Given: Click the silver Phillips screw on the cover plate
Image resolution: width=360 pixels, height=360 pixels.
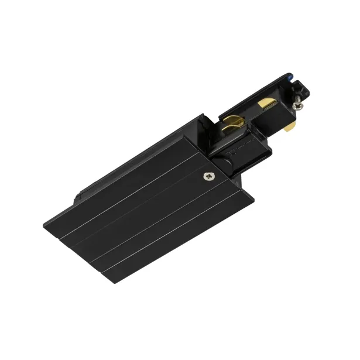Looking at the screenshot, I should pyautogui.click(x=209, y=175).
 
